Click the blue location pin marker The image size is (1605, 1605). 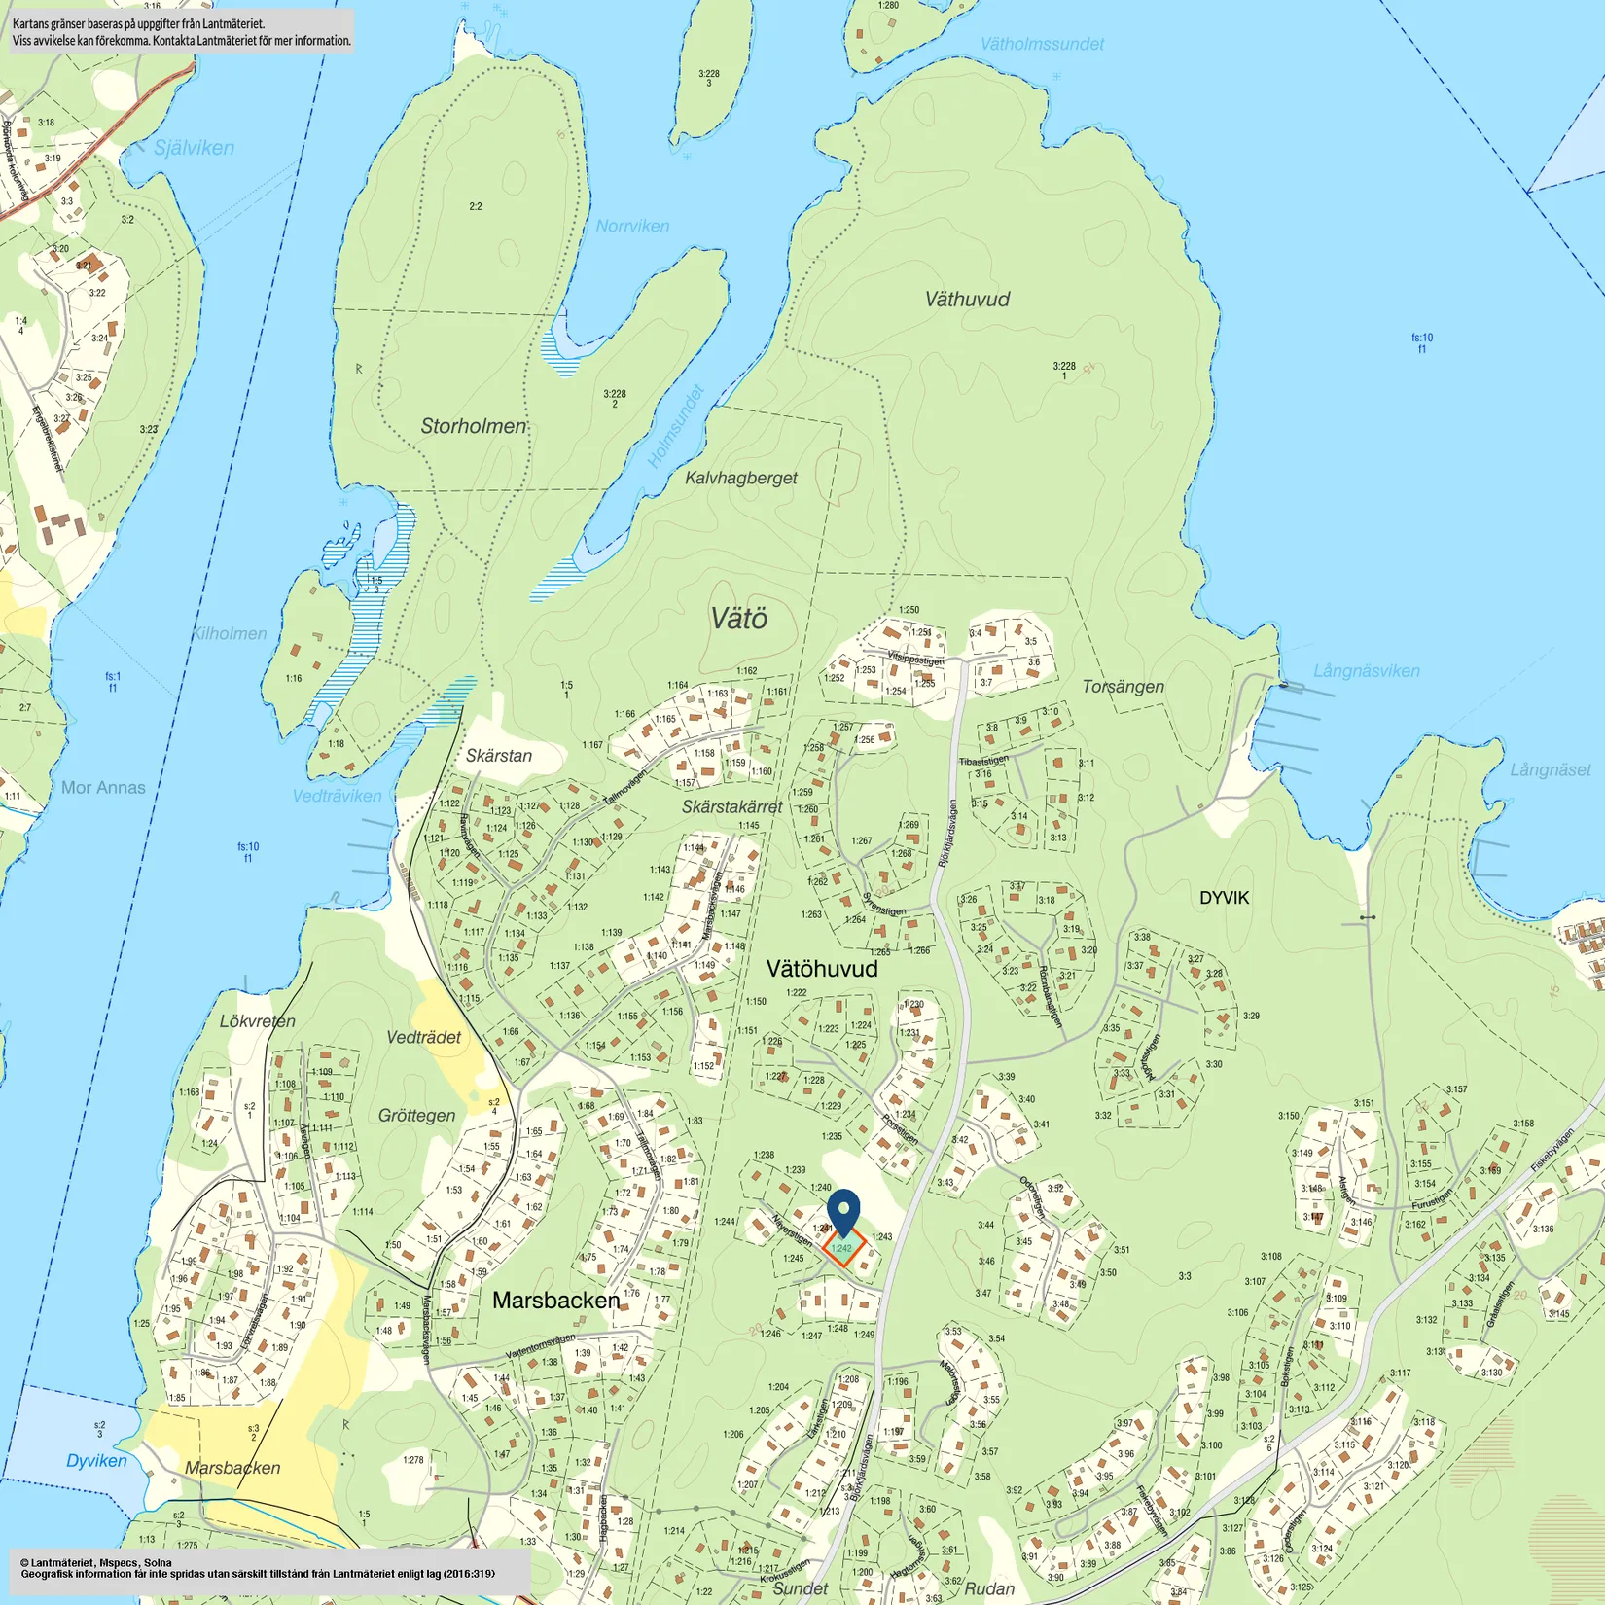843,1210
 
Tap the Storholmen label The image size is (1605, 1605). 473,426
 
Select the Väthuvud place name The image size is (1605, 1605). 967,300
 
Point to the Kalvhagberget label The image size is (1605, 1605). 740,478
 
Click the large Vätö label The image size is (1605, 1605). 738,619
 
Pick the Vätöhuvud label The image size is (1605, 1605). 822,969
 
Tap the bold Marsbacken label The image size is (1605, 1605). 555,1301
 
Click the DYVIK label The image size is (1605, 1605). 1224,898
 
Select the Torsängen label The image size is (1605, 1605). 1123,687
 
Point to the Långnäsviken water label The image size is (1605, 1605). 1366,671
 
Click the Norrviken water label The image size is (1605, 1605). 632,226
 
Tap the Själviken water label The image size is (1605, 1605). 194,148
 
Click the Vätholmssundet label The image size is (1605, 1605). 1042,44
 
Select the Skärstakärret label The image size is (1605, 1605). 731,807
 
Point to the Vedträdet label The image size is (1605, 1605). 423,1037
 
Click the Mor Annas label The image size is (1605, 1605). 103,788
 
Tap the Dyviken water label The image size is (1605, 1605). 96,1461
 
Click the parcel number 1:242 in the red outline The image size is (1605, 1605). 841,1248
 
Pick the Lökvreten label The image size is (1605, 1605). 257,1021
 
